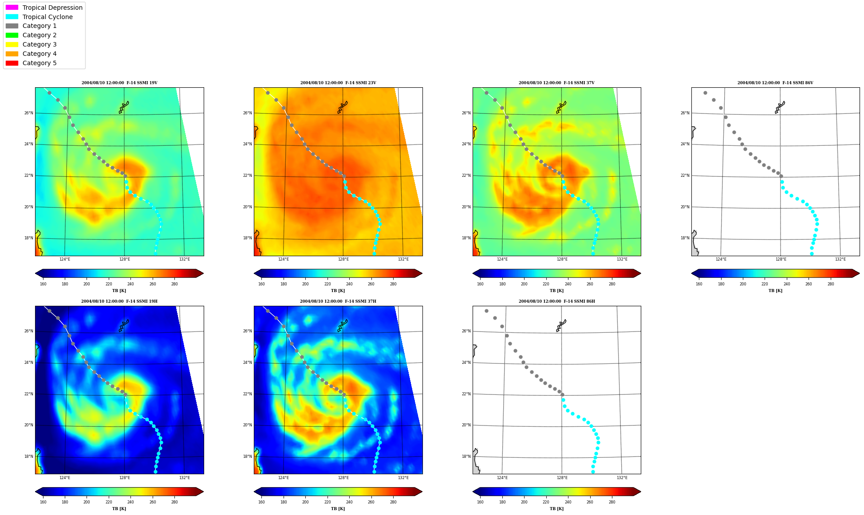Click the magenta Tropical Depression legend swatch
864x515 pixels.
pyautogui.click(x=12, y=8)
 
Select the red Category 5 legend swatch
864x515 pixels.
pyautogui.click(x=12, y=63)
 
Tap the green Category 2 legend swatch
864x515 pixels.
pyautogui.click(x=12, y=35)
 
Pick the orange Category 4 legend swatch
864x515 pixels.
pyautogui.click(x=12, y=54)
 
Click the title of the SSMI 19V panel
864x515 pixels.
pyautogui.click(x=119, y=83)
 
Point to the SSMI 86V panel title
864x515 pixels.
pyautogui.click(x=775, y=83)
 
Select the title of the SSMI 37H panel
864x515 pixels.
pyautogui.click(x=338, y=301)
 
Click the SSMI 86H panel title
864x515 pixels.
pyautogui.click(x=556, y=301)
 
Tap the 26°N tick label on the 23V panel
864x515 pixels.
pyautogui.click(x=248, y=113)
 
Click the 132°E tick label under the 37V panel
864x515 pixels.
pyautogui.click(x=622, y=259)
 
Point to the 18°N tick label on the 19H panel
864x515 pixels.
pyautogui.click(x=29, y=456)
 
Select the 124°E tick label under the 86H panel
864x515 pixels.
pyautogui.click(x=502, y=478)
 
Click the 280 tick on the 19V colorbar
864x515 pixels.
pyautogui.click(x=174, y=284)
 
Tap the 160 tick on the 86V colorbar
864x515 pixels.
pyautogui.click(x=699, y=284)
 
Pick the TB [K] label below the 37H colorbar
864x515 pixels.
pyautogui.click(x=338, y=509)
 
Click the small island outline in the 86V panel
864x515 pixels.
pyautogui.click(x=780, y=107)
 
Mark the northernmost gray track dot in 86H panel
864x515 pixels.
pyautogui.click(x=486, y=311)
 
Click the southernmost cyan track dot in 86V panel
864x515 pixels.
pyautogui.click(x=812, y=254)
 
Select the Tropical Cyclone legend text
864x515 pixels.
pyautogui.click(x=47, y=17)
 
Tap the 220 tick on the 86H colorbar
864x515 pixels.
pyautogui.click(x=546, y=502)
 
